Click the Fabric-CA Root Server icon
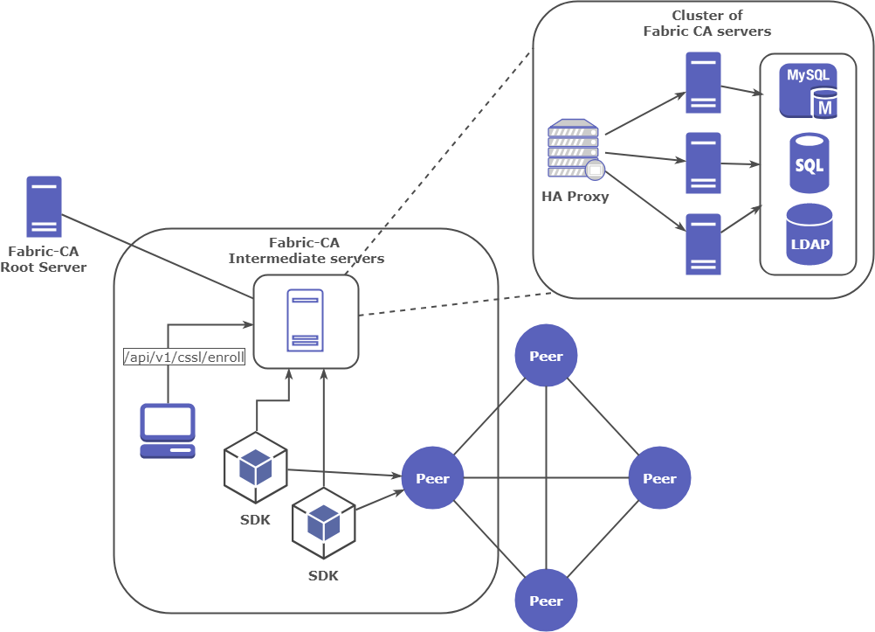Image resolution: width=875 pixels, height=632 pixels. tap(44, 206)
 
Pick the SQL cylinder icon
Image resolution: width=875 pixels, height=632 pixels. tap(809, 163)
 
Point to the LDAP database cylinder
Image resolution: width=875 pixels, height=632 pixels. tap(809, 234)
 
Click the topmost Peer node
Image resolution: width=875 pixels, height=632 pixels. tap(546, 356)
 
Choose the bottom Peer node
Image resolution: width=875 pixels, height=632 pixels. tap(546, 601)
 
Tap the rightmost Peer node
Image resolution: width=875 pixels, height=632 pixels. tap(659, 478)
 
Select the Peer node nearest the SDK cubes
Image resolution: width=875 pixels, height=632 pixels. tap(432, 478)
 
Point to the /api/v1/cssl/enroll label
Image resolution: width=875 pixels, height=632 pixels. tap(184, 357)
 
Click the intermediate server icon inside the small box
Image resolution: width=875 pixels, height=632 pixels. tap(306, 321)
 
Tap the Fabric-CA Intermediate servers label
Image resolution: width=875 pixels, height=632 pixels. tap(306, 250)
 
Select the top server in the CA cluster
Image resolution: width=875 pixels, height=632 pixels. tap(703, 82)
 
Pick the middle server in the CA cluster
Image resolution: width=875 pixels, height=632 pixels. tap(703, 163)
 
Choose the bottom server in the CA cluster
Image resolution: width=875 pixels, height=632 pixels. tap(703, 244)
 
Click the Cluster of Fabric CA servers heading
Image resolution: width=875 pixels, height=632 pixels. tap(707, 24)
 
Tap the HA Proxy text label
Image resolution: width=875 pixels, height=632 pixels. tap(575, 196)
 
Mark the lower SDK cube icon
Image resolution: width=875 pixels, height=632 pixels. tap(324, 524)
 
